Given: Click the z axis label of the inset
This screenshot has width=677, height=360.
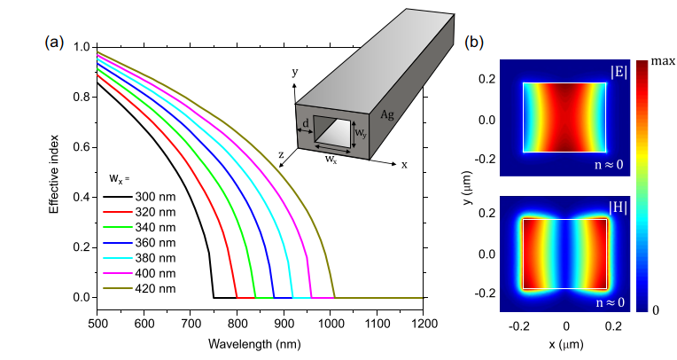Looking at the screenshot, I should pyautogui.click(x=281, y=154).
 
